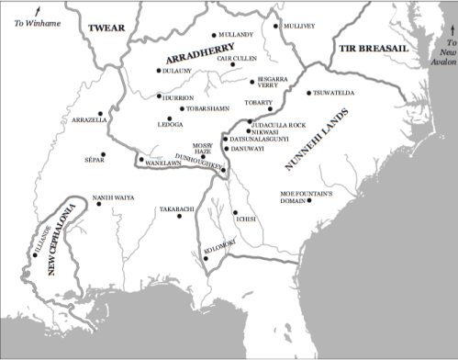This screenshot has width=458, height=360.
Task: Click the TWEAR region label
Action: (106, 28)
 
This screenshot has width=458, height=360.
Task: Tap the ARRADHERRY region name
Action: (196, 57)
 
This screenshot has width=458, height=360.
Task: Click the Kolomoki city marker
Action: (207, 258)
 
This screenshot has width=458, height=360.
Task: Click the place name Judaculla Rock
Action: (279, 123)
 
